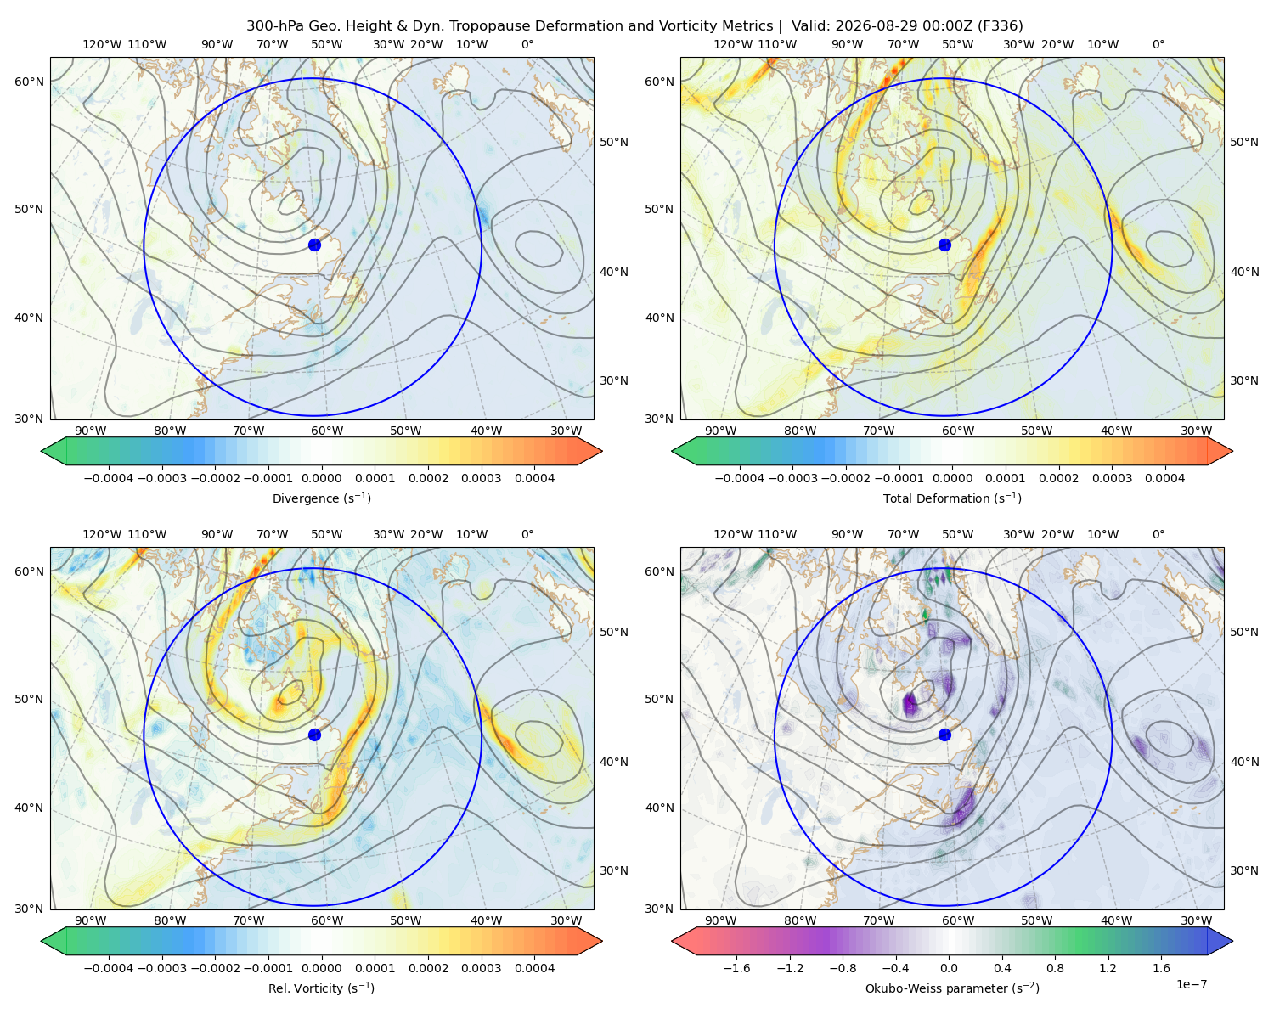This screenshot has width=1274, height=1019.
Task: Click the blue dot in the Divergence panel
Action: point(314,245)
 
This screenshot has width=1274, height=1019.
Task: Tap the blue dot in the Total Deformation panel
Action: point(944,245)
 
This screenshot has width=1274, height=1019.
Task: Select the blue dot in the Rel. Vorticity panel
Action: point(314,735)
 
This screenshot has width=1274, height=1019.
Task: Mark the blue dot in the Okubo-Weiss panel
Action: point(944,735)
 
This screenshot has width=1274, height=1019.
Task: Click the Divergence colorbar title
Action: point(321,498)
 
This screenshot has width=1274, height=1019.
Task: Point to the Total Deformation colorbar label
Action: point(952,498)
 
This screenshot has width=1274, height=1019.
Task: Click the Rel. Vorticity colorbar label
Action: point(321,988)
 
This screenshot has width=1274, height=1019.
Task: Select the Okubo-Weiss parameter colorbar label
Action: point(952,988)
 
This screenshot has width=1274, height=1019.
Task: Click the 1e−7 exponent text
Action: point(1191,984)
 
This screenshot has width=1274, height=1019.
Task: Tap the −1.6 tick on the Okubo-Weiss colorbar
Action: point(737,967)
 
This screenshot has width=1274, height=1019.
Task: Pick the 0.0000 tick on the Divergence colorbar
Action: point(321,478)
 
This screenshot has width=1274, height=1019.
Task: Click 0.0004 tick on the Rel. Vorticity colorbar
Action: point(534,967)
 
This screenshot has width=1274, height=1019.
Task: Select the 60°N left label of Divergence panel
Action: point(29,82)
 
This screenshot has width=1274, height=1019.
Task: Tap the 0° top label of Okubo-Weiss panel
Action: point(1158,533)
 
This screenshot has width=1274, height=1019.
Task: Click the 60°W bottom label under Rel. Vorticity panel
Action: point(327,920)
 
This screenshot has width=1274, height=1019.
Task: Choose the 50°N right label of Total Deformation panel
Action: point(1243,142)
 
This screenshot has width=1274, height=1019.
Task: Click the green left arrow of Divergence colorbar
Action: point(54,451)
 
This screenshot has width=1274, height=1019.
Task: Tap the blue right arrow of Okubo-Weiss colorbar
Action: point(1220,941)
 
